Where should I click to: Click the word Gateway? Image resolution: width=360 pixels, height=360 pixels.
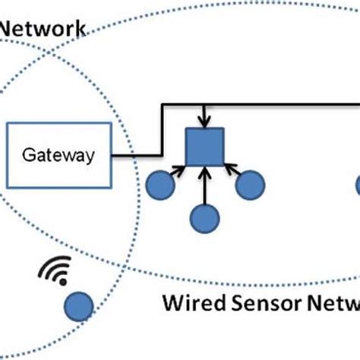58,156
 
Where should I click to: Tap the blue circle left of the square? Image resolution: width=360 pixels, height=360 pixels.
159,185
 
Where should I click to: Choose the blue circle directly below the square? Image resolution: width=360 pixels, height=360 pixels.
204,216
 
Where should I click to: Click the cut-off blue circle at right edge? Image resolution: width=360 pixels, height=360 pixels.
356,185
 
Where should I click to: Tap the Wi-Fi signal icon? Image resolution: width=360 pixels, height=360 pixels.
57,271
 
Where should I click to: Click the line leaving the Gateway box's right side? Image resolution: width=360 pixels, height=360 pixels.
137,156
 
